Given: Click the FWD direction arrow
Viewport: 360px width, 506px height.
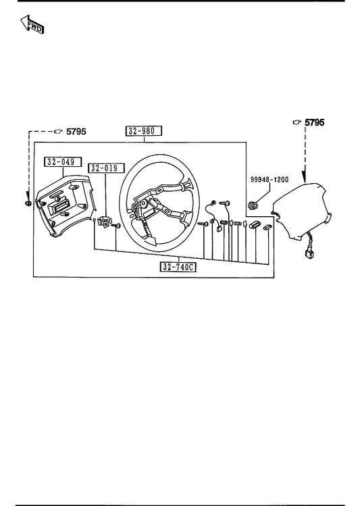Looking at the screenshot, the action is tap(32, 24).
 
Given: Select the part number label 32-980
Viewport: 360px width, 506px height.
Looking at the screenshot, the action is tap(144, 130).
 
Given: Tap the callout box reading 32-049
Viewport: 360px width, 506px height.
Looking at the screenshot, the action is tap(63, 161).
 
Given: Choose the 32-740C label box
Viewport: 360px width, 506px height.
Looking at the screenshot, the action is tap(178, 267).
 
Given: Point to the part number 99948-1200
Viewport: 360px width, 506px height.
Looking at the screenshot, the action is tap(269, 180).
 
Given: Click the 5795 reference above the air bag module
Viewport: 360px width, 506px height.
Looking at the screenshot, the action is tap(315, 122).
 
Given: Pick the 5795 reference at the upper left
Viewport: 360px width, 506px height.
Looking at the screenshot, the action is tap(76, 131).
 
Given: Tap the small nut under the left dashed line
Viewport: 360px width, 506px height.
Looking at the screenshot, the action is tap(28, 203).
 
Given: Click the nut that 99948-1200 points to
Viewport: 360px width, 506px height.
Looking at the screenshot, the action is tap(253, 205).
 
